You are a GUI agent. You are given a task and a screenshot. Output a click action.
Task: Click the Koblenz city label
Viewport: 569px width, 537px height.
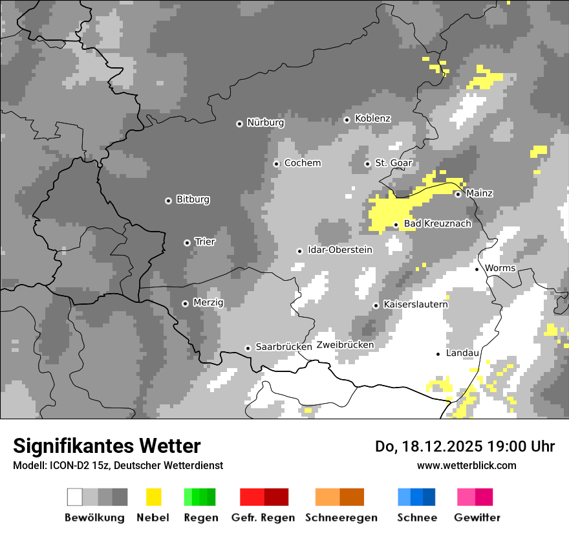372,119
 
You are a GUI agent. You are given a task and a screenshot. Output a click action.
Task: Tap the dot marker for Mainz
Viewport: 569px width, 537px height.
458,194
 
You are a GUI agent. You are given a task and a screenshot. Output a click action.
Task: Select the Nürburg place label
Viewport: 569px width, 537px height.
266,123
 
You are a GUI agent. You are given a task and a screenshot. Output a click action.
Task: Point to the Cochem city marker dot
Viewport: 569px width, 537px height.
276,164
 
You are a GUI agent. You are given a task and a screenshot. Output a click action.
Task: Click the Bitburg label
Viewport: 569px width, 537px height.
193,200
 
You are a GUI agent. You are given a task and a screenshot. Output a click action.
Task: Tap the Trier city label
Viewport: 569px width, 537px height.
205,242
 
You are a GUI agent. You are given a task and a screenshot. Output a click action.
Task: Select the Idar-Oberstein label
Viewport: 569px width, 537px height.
340,250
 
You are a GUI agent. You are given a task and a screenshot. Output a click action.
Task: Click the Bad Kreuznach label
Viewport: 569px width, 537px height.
437,224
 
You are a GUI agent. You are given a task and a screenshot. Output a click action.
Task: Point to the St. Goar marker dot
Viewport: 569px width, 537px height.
367,164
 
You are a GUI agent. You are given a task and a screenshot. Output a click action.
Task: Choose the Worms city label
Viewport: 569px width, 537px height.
500,268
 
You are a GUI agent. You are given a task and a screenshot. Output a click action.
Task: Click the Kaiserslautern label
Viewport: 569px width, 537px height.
415,305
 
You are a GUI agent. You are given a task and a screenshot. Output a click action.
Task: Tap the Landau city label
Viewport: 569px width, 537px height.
462,353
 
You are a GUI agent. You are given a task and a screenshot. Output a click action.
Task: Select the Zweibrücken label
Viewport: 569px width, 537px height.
345,345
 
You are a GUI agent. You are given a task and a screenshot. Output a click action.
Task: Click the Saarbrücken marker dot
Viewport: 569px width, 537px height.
248,348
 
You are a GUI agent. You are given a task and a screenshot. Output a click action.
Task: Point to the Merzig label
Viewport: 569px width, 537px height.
208,303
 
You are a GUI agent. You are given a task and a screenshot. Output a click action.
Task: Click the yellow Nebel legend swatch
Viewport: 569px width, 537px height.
153,497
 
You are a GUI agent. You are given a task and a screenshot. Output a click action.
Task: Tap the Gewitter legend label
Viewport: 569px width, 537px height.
477,518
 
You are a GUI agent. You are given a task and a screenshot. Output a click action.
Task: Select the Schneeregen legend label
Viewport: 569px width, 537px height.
341,518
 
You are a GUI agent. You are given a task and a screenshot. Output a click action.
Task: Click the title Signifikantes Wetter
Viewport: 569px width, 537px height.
107,446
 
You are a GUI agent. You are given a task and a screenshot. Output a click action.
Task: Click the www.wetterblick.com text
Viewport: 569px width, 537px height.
466,466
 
